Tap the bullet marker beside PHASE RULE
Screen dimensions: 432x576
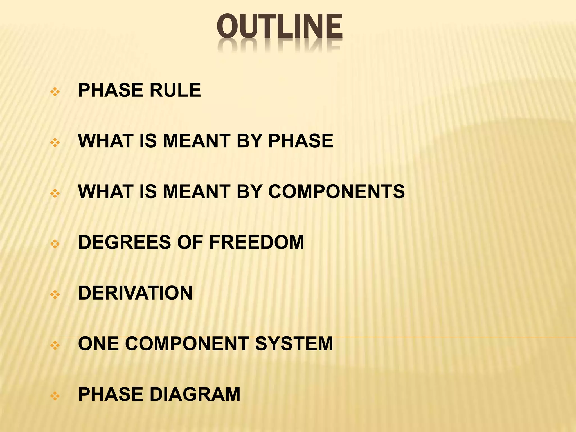coord(55,92)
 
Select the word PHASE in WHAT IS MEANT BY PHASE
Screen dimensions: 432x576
coord(301,141)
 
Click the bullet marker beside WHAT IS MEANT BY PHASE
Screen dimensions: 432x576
coord(55,143)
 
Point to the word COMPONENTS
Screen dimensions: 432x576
coord(336,192)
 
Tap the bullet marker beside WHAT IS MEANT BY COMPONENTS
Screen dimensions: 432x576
coord(55,193)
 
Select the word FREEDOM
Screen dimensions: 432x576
coord(256,242)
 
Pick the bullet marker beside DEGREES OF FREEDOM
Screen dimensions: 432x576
coord(55,244)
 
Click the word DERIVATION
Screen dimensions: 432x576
coord(135,293)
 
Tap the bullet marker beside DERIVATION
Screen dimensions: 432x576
coord(55,295)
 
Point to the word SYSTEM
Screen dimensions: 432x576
coord(294,344)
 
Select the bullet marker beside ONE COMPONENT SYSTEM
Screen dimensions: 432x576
coord(55,345)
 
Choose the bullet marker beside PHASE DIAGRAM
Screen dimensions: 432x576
coord(55,396)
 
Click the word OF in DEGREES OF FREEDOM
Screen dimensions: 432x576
coord(190,242)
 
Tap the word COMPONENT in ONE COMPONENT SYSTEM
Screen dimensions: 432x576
coord(187,344)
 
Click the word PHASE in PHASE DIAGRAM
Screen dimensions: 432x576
coord(111,394)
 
